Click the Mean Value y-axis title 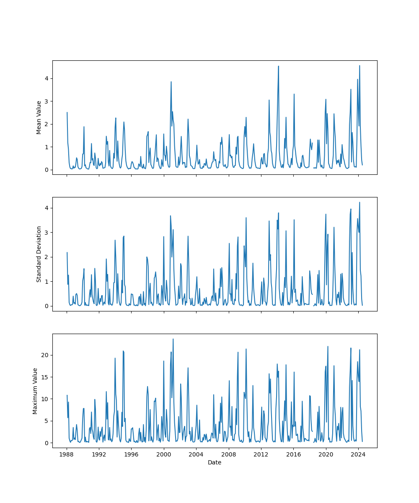pos(39,117)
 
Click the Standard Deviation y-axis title pos(39,254)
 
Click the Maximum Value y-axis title pos(35,391)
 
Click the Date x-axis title pos(215,462)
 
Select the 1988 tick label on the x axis pos(67,454)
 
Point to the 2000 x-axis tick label pos(164,454)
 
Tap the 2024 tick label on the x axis pos(358,454)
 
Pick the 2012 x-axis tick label pos(261,454)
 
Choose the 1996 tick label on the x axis pos(132,454)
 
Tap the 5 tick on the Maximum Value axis pos(47,421)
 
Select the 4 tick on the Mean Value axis pos(47,78)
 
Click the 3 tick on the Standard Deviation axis pos(47,232)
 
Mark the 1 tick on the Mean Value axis pos(47,147)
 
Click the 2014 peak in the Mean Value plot pos(278,66)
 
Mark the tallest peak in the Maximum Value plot pos(173,339)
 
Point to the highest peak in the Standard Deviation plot pos(360,202)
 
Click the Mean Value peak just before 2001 pos(171,82)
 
